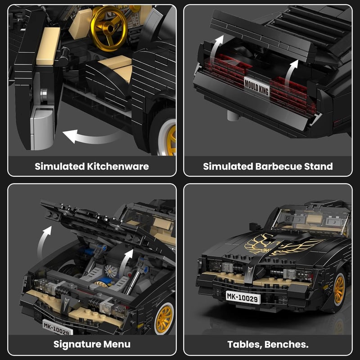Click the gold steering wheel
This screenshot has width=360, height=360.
pos(108,28)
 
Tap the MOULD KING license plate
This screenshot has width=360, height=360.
pos(256,87)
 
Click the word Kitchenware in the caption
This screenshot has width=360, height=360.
pos(118,166)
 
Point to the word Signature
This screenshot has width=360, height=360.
pos(77,344)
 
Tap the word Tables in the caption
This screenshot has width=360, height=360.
pos(245,345)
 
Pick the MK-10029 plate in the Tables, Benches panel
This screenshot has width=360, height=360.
pos(243,297)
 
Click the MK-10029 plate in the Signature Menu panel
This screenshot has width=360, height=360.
pos(58,328)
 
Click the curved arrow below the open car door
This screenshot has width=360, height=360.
pos(92,137)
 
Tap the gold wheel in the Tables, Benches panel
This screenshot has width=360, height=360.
pos(339,290)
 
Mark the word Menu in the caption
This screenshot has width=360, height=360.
pos(117,344)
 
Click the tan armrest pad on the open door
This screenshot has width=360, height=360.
pos(48,46)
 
